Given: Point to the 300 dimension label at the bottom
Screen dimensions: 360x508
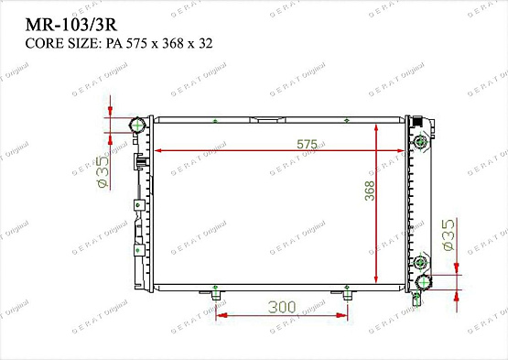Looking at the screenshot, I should pyautogui.click(x=283, y=307).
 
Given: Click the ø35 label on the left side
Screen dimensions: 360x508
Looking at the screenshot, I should pyautogui.click(x=103, y=171).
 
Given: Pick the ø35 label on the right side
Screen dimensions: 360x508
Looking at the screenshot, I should pyautogui.click(x=448, y=235).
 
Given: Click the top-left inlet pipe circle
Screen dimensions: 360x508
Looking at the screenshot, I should pyautogui.click(x=139, y=124).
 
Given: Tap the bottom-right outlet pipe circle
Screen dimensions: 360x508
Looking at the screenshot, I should pyautogui.click(x=426, y=281).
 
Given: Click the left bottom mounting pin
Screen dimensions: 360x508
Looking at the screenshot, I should pyautogui.click(x=216, y=293).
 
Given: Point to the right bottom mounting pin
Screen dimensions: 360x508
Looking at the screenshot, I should pyautogui.click(x=349, y=293).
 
